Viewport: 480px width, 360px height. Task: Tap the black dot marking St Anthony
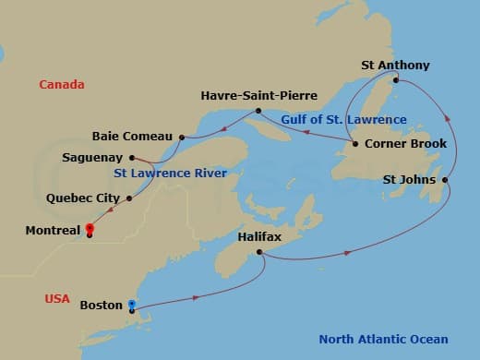tap(396, 80)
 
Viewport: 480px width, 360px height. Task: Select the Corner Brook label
tap(405, 144)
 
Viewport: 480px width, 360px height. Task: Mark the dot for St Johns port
tap(446, 180)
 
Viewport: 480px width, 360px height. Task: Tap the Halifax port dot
tap(261, 252)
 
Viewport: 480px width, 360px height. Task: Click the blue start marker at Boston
tap(132, 305)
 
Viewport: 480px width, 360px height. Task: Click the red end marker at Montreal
tap(90, 229)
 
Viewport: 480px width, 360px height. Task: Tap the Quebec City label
tap(81, 198)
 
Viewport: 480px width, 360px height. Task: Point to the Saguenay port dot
tap(134, 157)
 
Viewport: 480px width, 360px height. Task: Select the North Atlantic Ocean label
tap(383, 339)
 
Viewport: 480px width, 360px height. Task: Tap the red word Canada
tap(62, 85)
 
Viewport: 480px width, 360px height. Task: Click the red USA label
tap(57, 298)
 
